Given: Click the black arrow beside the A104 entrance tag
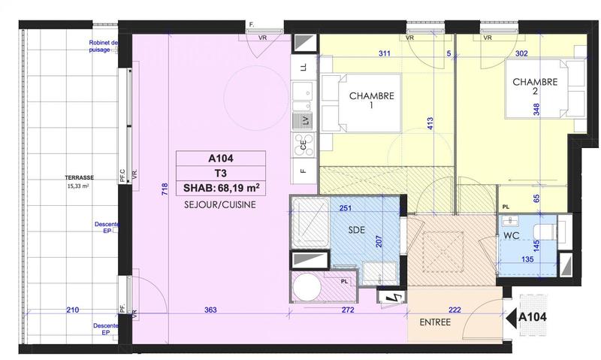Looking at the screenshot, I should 513,318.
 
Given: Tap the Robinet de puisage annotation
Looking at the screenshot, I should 103,47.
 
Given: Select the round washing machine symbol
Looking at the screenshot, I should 308,287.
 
